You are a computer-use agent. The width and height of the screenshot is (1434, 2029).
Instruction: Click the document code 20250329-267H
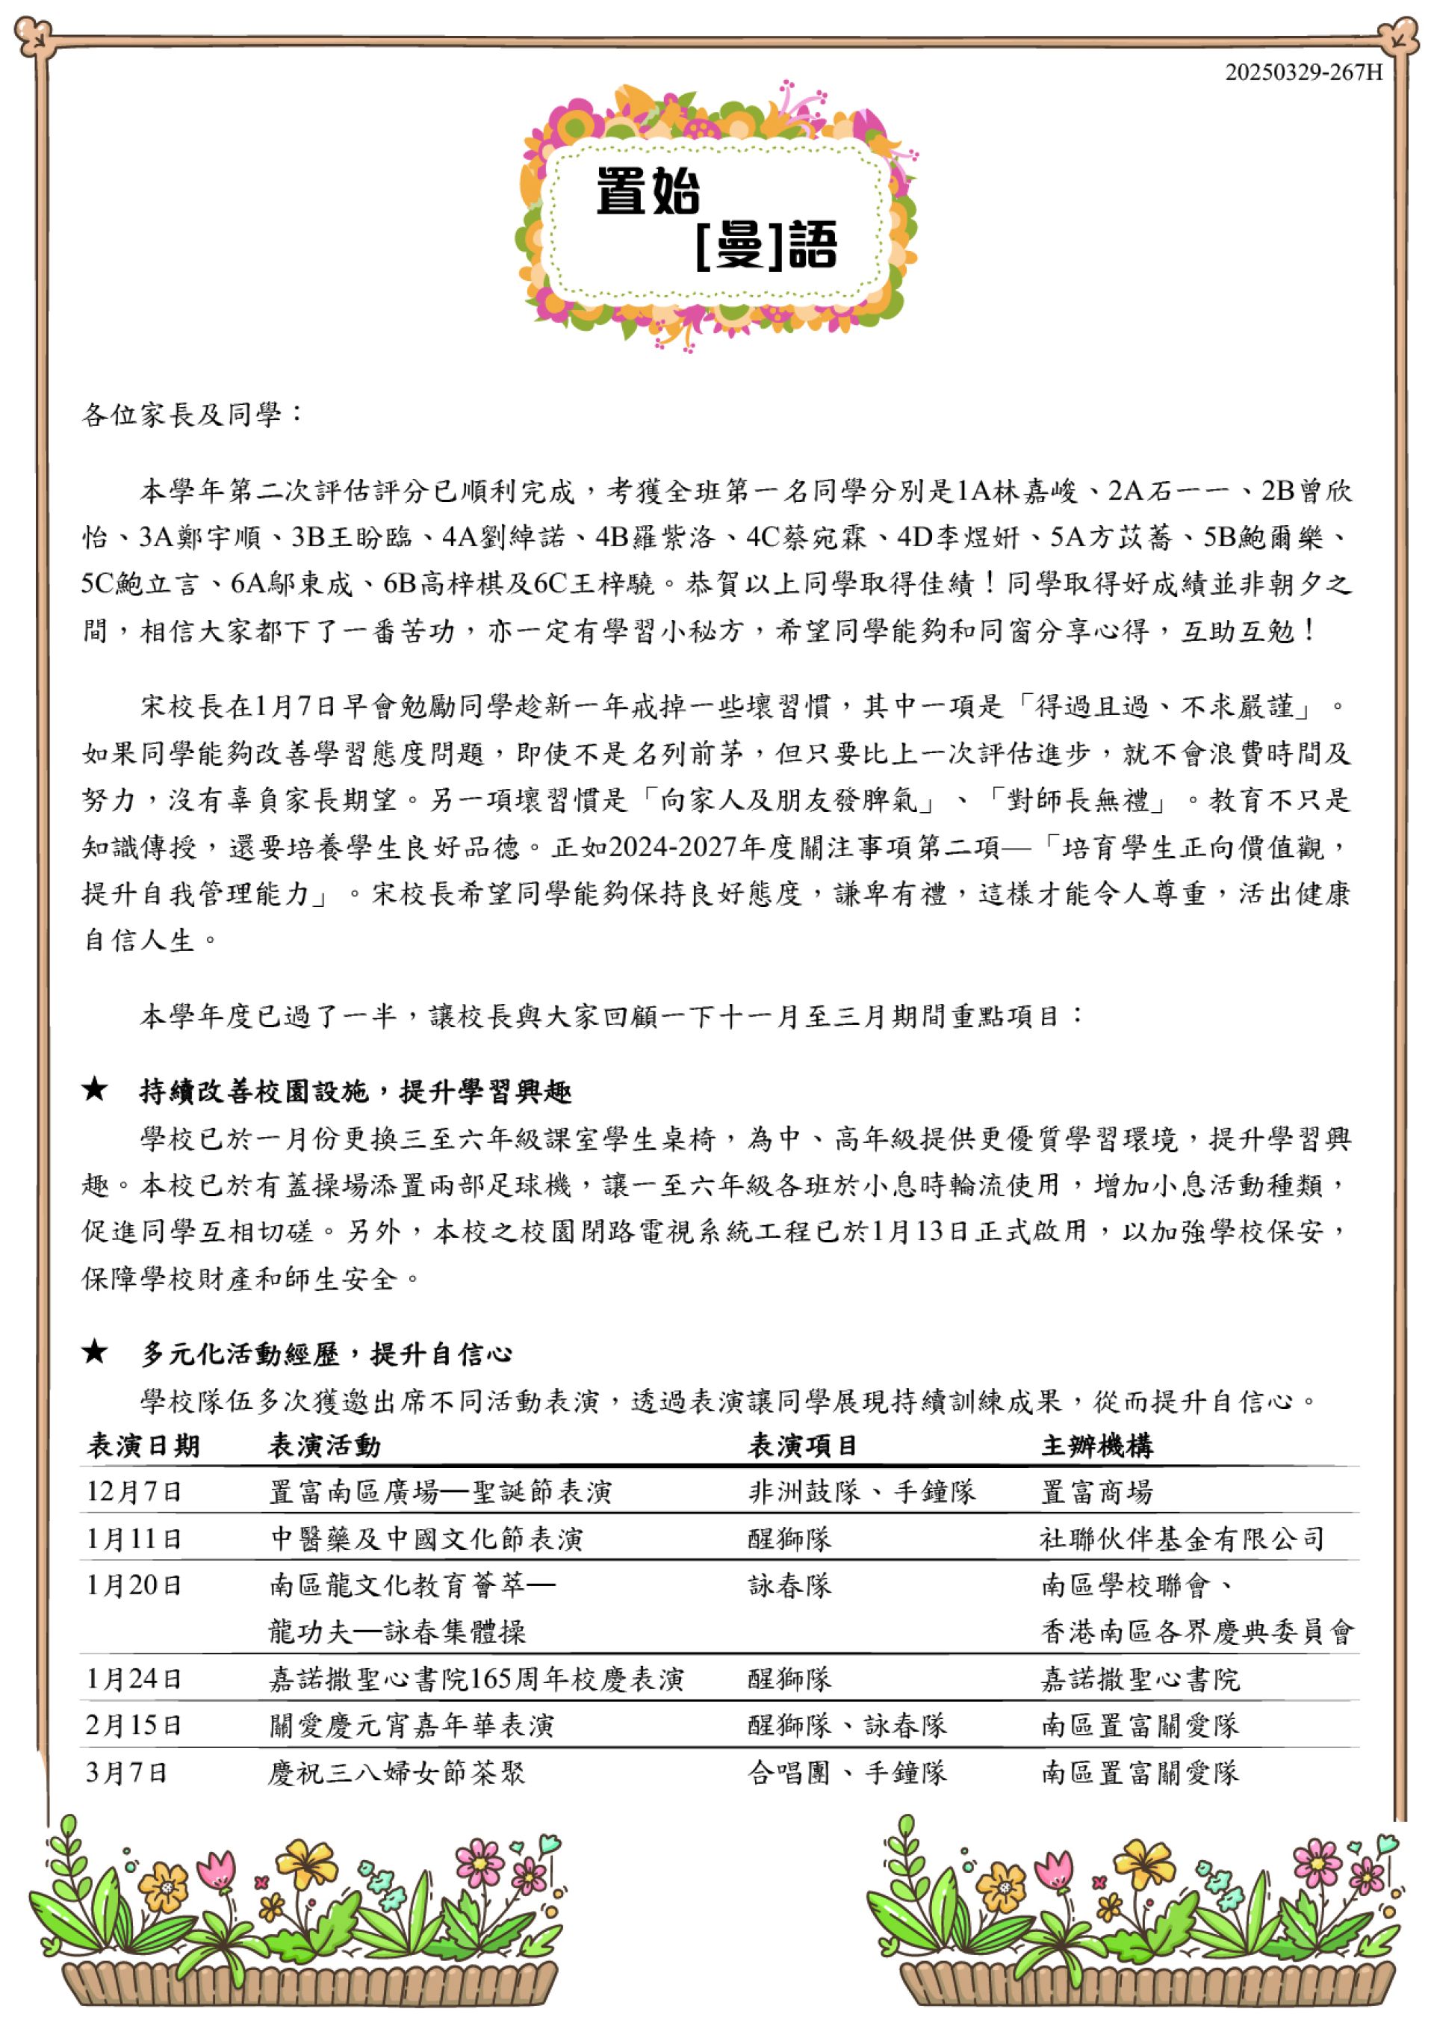coord(1303,72)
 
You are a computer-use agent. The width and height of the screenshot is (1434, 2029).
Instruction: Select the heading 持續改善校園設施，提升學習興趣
coord(356,1092)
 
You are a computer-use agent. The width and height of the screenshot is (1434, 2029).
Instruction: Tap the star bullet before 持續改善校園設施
coord(95,1091)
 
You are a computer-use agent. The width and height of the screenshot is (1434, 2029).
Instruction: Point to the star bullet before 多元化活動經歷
coord(95,1352)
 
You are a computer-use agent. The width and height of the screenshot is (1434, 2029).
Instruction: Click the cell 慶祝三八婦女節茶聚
coord(397,1773)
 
